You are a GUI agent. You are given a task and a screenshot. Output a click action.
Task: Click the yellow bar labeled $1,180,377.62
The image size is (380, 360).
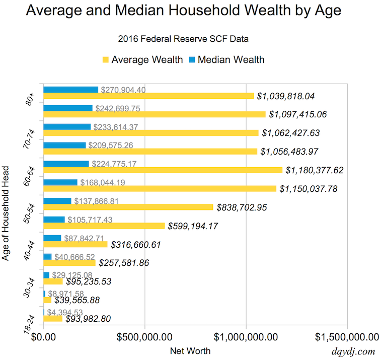tap(163, 170)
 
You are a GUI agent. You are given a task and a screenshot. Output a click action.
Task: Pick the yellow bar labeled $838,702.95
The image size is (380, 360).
tap(128, 207)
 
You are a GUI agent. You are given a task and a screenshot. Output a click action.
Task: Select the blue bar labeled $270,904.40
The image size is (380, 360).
tap(71, 90)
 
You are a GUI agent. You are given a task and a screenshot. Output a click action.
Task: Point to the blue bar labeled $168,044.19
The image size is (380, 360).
tap(60, 182)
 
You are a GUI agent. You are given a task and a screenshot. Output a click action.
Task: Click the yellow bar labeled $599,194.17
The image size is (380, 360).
tap(104, 226)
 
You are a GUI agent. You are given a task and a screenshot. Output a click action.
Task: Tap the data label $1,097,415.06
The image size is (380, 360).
tap(306, 115)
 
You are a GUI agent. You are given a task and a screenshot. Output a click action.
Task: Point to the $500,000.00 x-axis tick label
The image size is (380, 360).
tap(144, 336)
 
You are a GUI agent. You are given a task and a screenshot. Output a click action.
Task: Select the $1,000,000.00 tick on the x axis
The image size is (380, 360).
tap(246, 336)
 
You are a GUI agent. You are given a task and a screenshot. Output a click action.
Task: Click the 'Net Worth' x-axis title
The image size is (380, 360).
tap(190, 351)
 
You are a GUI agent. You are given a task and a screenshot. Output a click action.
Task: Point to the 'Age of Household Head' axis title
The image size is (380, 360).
tap(7, 208)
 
